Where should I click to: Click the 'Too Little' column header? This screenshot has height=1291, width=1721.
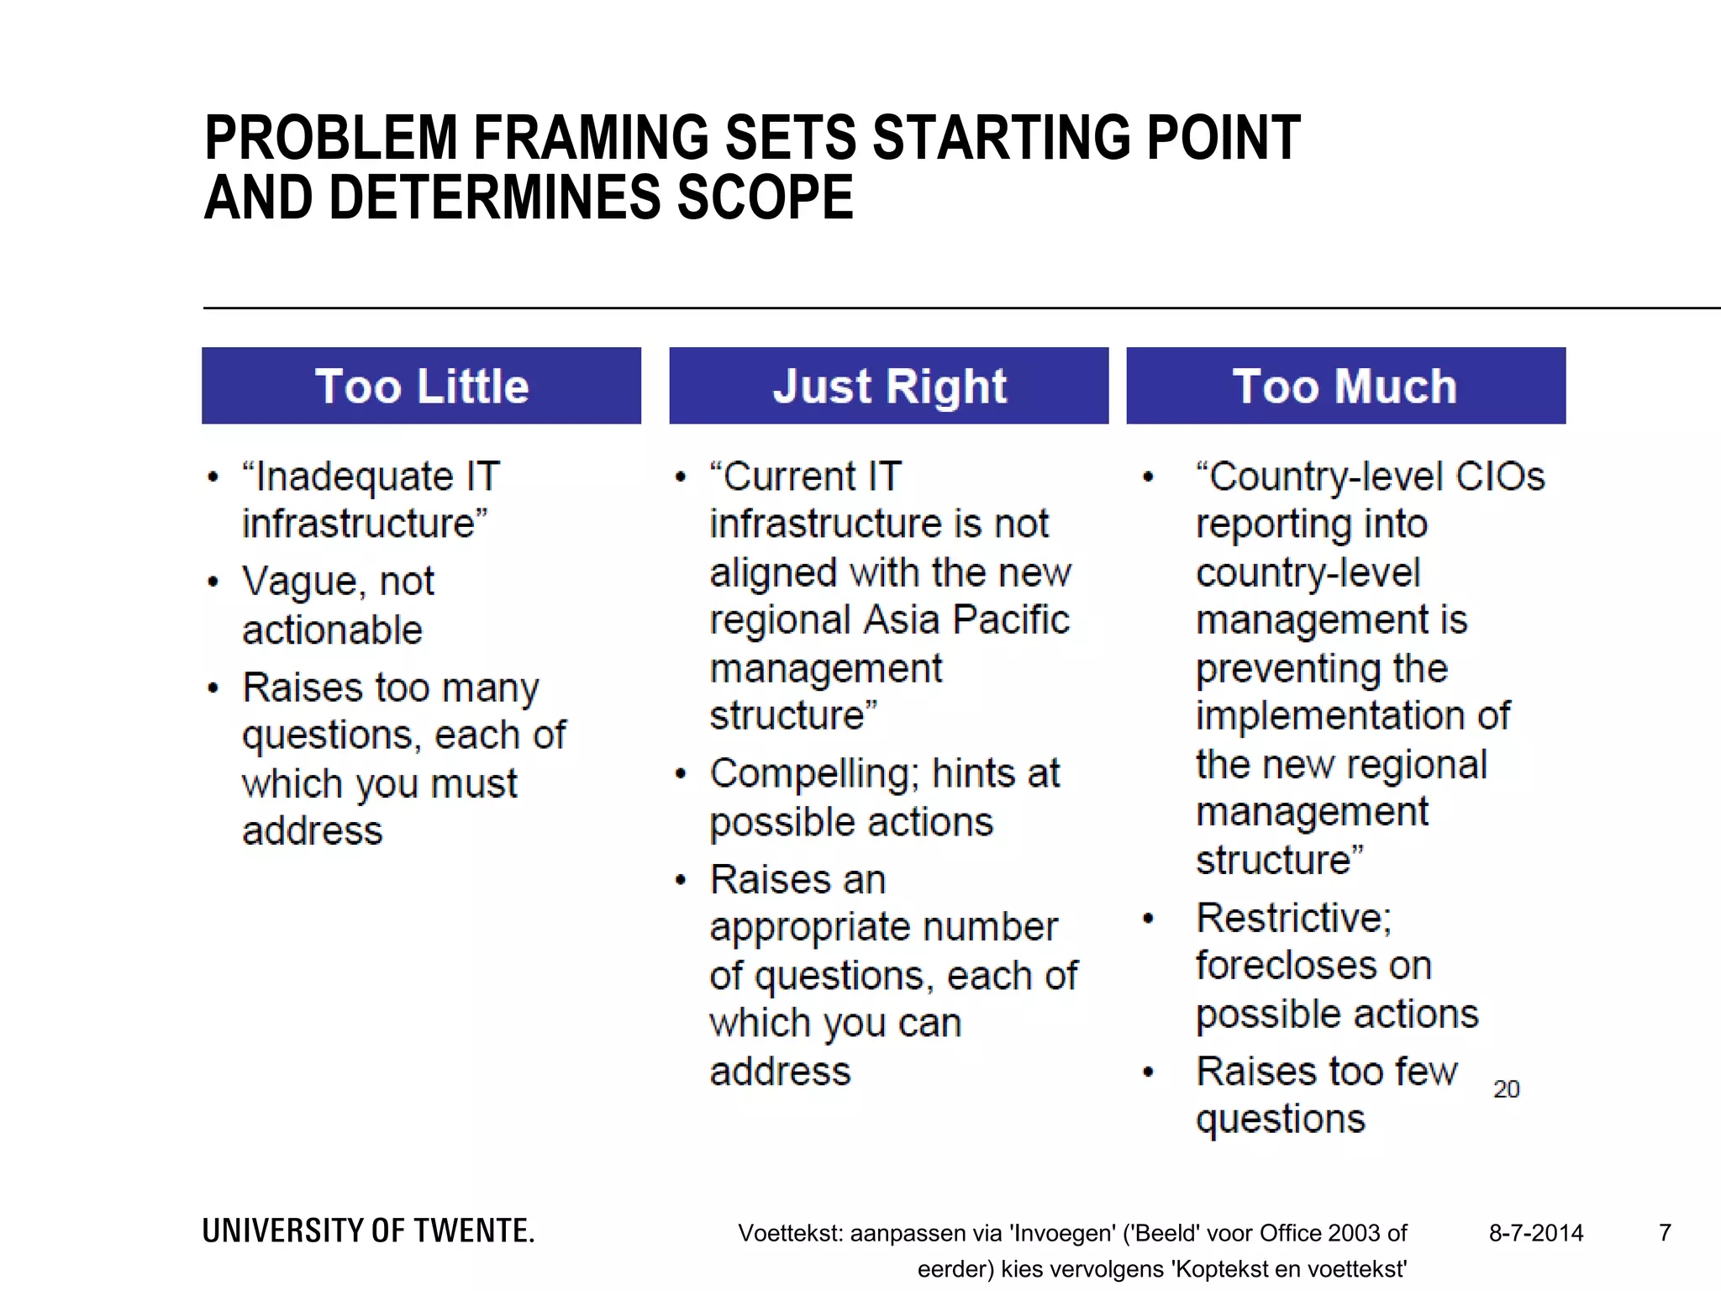(x=421, y=386)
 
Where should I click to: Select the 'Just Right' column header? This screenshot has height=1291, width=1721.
(x=889, y=386)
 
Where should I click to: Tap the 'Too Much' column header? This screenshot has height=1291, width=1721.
(x=1345, y=386)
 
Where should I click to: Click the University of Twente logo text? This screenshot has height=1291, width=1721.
(x=368, y=1231)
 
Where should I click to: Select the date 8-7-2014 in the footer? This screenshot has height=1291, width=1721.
(x=1536, y=1233)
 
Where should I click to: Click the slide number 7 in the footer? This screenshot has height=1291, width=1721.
(x=1665, y=1233)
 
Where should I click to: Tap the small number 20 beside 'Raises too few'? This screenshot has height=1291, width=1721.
(x=1506, y=1089)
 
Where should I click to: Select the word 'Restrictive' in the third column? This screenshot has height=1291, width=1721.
(x=1293, y=918)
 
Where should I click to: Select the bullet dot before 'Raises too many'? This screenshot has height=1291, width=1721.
(x=213, y=688)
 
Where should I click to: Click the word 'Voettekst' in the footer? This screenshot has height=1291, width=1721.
(x=790, y=1233)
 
